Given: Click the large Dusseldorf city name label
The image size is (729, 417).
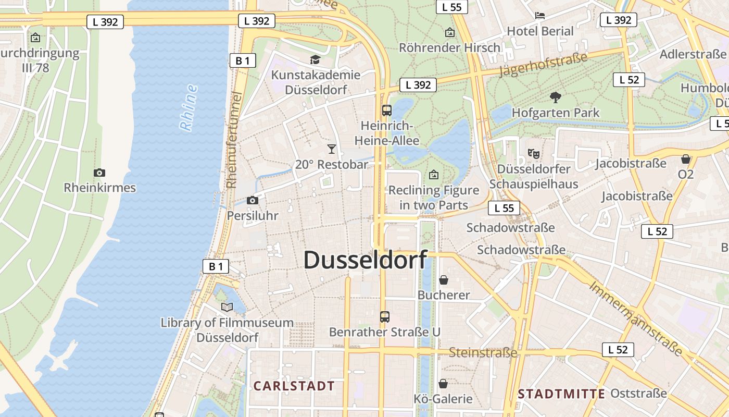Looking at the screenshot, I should coord(365,260).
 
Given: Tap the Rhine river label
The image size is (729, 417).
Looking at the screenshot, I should coord(188,107).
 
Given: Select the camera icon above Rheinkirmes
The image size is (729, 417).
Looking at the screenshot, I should coord(99,173).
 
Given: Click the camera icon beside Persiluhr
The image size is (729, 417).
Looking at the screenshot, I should coord(253,200).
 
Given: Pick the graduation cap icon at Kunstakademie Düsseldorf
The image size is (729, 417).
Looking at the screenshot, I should coord(315,59).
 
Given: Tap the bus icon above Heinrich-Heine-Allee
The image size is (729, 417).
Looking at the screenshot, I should coord(386,110).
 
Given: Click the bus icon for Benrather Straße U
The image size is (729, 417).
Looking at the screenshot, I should coord(384,316).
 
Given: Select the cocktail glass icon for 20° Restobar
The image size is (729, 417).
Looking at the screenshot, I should coord(332,149).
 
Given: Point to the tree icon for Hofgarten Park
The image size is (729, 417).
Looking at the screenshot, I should coord(556,97).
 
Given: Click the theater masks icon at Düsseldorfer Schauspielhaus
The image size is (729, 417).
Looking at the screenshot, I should coord(533,154).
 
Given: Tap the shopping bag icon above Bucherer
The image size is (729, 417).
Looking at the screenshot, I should coord(443,280).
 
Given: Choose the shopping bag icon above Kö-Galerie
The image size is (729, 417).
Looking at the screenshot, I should coord(443,384).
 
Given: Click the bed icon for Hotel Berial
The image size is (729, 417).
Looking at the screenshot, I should coord(540,16).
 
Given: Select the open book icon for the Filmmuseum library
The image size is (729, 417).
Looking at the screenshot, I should coord(227,307).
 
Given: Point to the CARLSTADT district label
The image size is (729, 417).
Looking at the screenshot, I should coord(294,386).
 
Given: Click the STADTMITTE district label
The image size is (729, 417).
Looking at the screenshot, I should coord(561,394).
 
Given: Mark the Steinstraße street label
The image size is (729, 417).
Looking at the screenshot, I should coord(483,353).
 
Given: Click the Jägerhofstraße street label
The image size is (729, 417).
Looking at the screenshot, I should coord(543,65).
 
